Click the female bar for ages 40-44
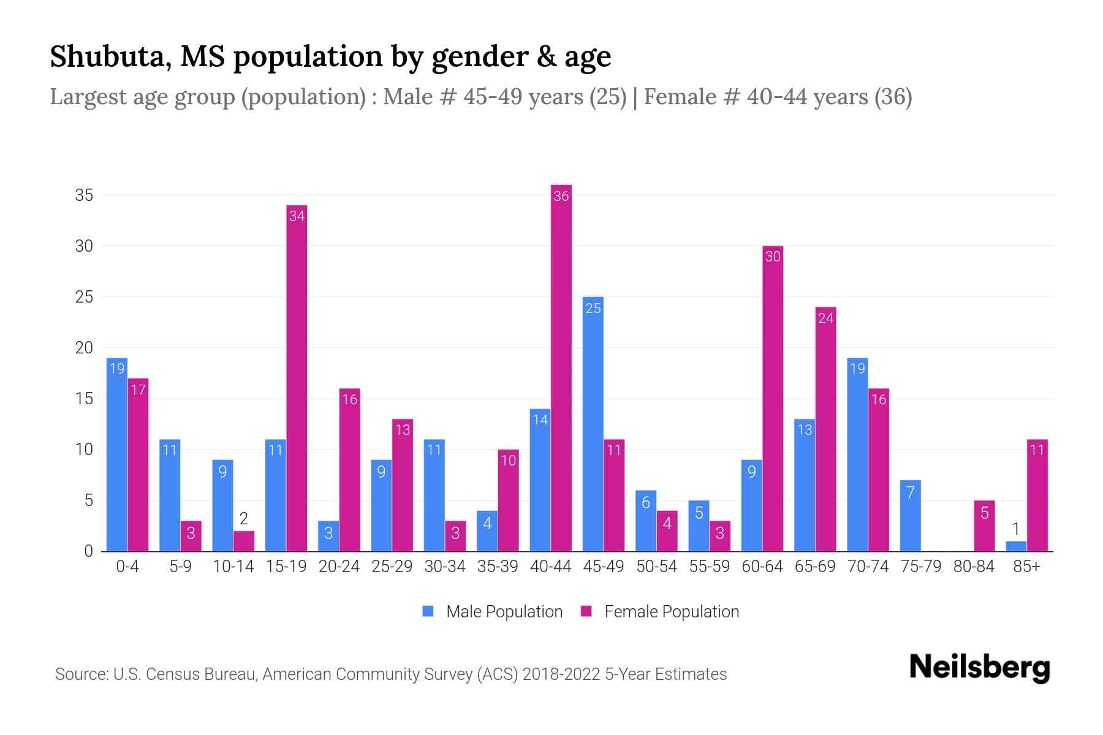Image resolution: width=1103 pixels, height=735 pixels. point(561,367)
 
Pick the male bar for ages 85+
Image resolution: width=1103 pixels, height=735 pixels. point(1015,546)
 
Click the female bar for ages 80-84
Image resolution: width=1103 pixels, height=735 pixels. point(984,526)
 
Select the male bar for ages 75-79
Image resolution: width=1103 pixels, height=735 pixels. point(910,516)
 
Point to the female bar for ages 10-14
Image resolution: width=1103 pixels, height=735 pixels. point(244,541)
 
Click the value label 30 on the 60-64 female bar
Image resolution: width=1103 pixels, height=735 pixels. point(773,257)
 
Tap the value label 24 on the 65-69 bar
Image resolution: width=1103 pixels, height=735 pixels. point(825,318)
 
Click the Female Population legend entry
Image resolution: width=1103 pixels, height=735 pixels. point(660,611)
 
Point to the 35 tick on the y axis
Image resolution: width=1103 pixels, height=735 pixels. point(84,195)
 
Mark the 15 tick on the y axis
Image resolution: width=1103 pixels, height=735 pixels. point(84,399)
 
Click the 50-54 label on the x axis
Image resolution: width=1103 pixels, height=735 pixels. point(656,567)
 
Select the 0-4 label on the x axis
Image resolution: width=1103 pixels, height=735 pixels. point(127,567)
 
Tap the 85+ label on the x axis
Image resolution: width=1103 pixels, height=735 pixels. point(1026,567)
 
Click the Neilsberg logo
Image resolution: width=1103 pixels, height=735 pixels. point(979,668)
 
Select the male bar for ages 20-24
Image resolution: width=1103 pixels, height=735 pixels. point(328,536)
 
